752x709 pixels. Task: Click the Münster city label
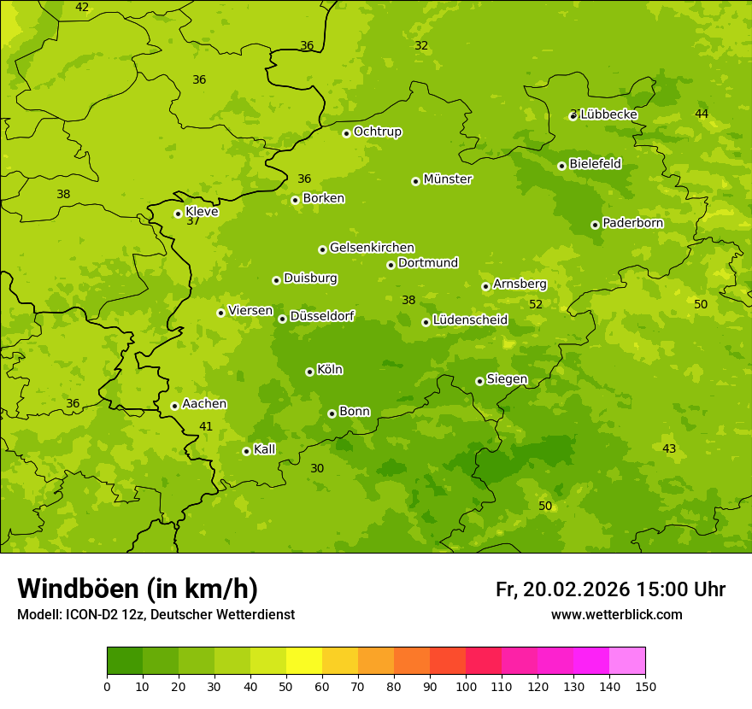[447, 179]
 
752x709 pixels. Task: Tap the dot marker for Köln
[309, 372]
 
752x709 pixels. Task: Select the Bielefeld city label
[595, 163]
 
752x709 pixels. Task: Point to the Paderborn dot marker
[596, 225]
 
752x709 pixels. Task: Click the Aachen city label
[204, 404]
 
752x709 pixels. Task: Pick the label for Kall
[265, 449]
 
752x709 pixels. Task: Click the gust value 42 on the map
[82, 7]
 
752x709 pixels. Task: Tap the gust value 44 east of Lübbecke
[702, 114]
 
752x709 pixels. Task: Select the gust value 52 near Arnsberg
[536, 304]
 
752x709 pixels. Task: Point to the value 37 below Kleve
[193, 220]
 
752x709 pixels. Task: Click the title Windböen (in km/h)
[138, 589]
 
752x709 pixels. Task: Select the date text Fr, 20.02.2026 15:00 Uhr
[610, 589]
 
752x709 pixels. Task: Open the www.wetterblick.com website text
[616, 614]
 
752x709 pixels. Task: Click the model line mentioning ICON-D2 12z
[156, 614]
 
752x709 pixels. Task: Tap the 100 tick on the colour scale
[466, 686]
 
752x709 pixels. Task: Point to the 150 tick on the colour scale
[645, 686]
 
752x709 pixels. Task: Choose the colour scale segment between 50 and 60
[304, 661]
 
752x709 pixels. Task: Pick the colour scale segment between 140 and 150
[627, 661]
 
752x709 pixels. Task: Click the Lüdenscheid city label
[470, 320]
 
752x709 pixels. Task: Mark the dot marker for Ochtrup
[346, 133]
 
